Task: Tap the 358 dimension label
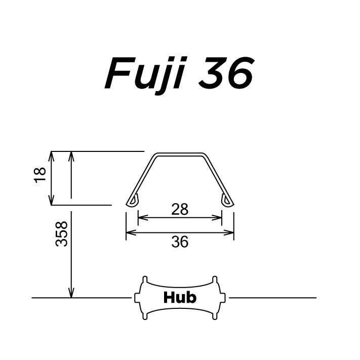point(61,233)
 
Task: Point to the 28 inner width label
point(179,209)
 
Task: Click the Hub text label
point(180,297)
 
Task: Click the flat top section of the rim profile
point(180,153)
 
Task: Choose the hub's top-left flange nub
point(145,279)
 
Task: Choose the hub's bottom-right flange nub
point(215,316)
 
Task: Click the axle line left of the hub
point(81,298)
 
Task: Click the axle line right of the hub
point(273,298)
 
